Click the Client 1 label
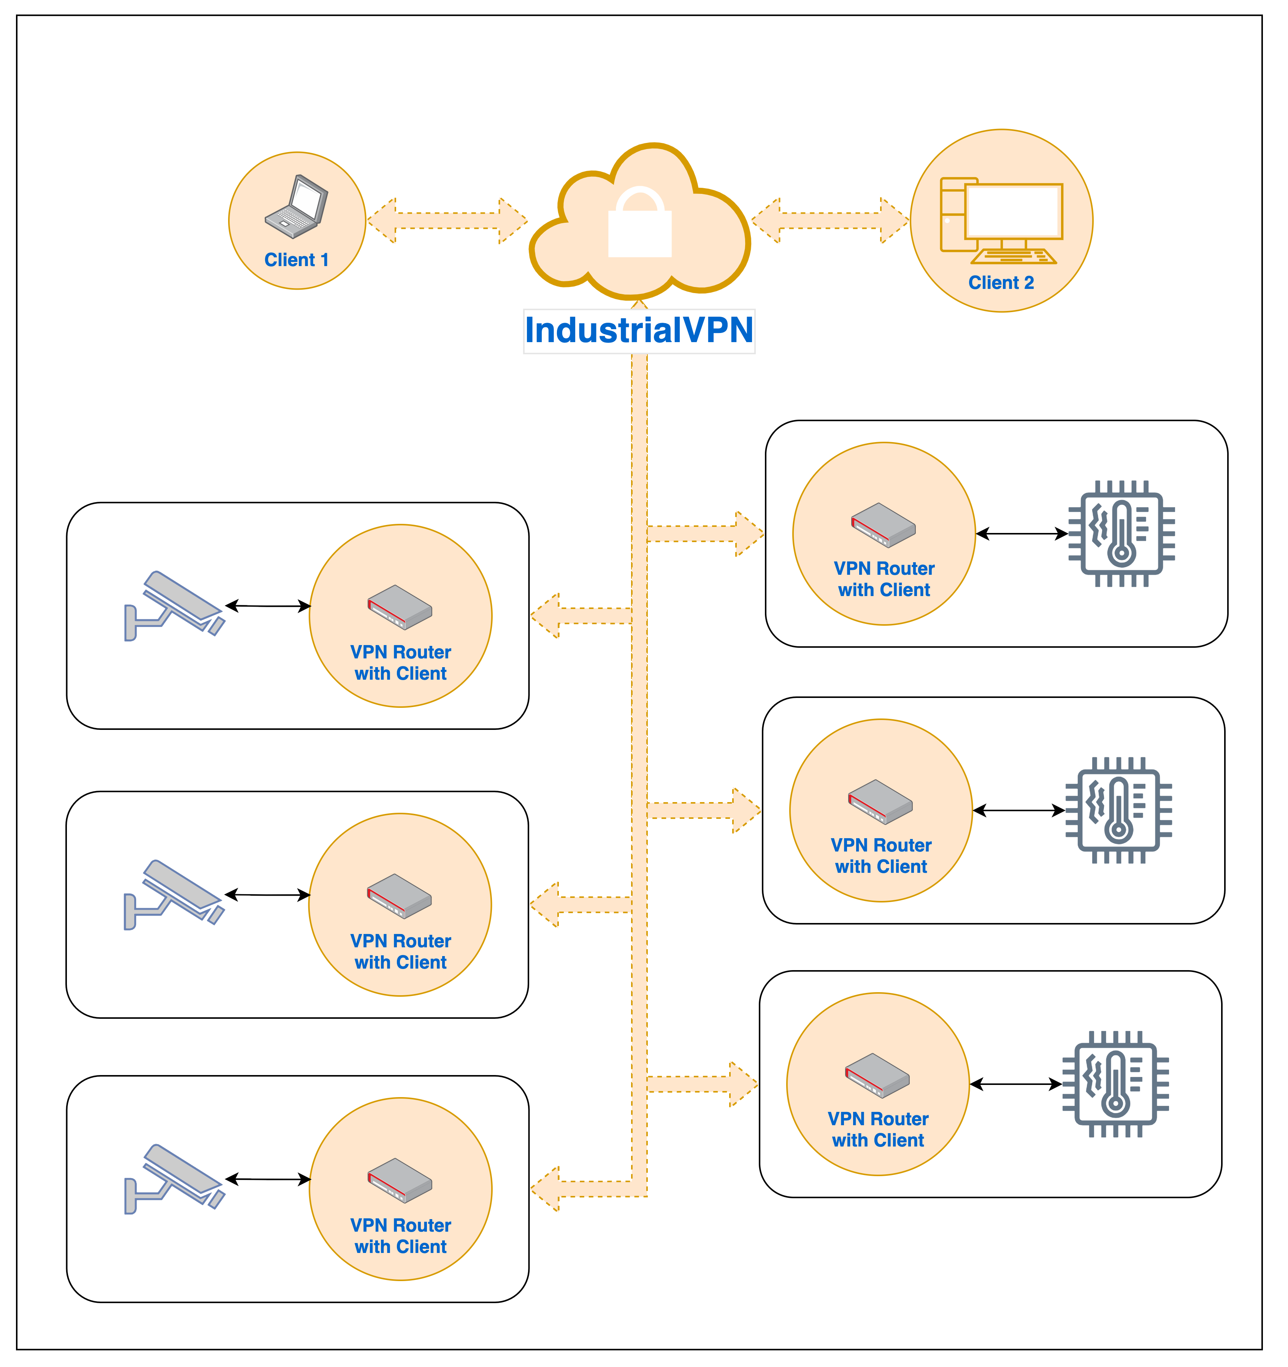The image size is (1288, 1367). pos(297,260)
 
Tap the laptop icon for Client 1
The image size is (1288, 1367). pos(297,206)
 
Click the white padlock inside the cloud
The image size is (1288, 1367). pos(639,224)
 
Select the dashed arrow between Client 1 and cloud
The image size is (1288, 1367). pos(447,221)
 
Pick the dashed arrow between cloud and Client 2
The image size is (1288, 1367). pos(830,221)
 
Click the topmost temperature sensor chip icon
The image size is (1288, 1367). pos(1121,534)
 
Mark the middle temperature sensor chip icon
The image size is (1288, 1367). pos(1118,810)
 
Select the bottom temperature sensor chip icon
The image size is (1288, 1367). pos(1115,1084)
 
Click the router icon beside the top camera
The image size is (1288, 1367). pos(400,606)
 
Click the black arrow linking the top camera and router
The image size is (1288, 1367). pos(268,606)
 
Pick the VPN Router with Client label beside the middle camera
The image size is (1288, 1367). pos(400,951)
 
